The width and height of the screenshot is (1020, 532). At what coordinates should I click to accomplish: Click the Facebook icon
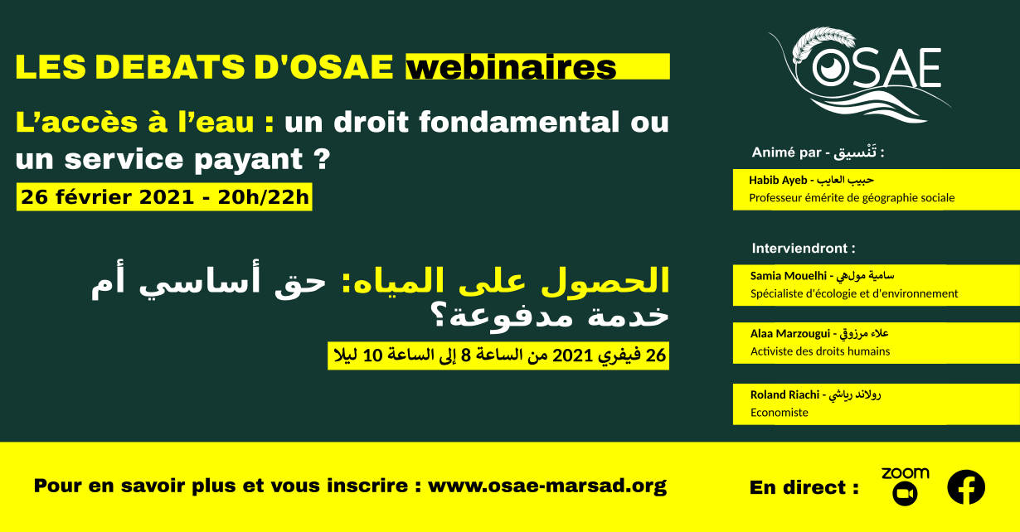tap(966, 487)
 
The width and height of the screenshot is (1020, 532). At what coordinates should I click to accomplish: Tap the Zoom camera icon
tap(905, 494)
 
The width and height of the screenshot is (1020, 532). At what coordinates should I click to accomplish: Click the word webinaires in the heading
tap(511, 67)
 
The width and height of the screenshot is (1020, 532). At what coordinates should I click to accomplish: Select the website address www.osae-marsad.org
tap(546, 486)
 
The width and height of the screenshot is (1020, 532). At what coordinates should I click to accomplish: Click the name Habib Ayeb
tap(778, 180)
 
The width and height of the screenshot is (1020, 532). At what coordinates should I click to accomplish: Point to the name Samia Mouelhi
tap(789, 276)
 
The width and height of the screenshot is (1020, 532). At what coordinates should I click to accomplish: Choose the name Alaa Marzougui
tap(790, 334)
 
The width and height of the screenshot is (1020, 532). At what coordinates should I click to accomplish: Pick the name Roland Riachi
tap(784, 394)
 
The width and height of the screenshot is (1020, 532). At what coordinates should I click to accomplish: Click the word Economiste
tap(780, 413)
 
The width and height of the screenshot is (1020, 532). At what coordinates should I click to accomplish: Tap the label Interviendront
tap(804, 249)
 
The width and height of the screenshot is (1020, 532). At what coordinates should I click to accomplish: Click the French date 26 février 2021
tap(108, 197)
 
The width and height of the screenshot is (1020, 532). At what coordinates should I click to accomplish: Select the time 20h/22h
tap(263, 197)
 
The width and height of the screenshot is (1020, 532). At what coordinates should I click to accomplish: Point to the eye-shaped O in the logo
tap(831, 68)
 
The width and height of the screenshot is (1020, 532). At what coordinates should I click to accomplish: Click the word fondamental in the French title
tap(518, 122)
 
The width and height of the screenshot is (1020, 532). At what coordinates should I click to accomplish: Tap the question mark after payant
tap(322, 159)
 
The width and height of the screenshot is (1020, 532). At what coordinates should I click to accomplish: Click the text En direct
tap(804, 487)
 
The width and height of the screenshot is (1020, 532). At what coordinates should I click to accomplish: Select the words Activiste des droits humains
tap(820, 351)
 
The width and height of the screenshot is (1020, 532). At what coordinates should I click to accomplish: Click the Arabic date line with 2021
tap(499, 355)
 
